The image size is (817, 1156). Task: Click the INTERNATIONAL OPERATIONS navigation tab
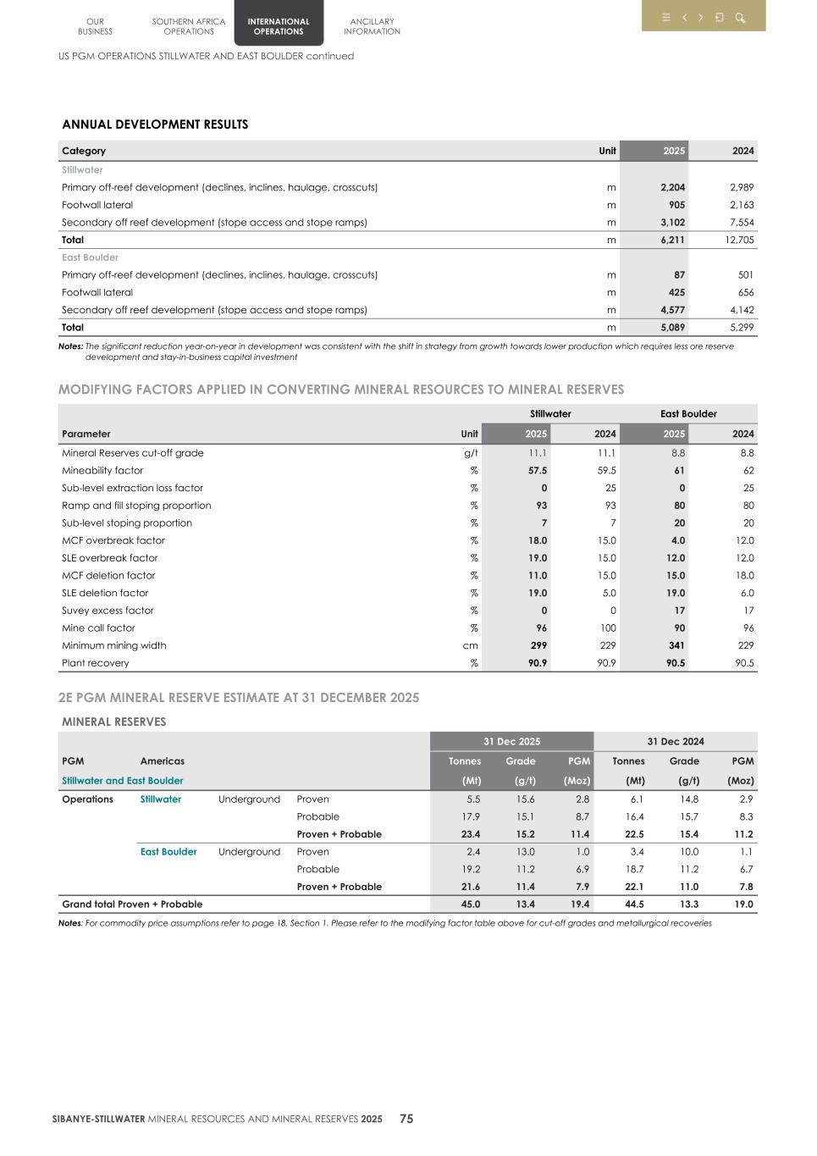click(x=279, y=26)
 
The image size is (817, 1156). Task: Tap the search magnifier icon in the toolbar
click(x=739, y=18)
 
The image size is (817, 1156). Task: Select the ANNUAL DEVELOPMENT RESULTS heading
click(x=155, y=124)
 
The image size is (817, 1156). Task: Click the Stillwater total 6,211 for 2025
click(x=672, y=240)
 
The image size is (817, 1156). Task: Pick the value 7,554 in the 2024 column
click(x=741, y=222)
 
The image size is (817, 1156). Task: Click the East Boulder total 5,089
click(x=672, y=327)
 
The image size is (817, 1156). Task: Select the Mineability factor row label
click(x=102, y=470)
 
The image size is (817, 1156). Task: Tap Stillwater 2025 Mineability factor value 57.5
click(x=537, y=470)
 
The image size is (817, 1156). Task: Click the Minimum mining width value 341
click(x=676, y=645)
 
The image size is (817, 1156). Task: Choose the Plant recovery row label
click(x=96, y=663)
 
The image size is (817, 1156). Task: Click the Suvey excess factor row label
click(x=108, y=611)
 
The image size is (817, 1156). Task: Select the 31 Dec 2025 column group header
click(x=511, y=741)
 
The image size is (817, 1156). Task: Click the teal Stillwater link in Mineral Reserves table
click(x=160, y=799)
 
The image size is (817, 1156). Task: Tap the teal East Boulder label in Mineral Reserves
click(x=168, y=852)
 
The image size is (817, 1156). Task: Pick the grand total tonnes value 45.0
click(x=470, y=904)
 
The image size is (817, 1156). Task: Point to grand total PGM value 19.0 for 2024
click(x=743, y=904)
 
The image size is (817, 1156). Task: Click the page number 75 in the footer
click(x=406, y=1119)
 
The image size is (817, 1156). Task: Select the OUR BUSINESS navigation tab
click(x=95, y=26)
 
